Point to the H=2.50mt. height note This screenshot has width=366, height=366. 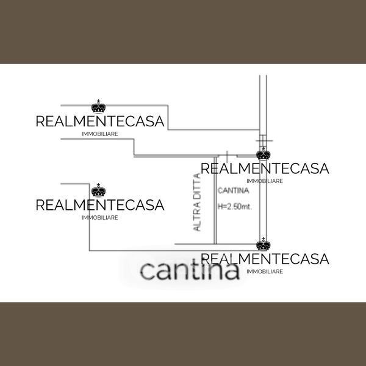[235, 206]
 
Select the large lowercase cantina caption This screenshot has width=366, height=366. [190, 270]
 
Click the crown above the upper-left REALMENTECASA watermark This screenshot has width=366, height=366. [98, 106]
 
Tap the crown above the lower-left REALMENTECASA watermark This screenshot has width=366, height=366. [98, 190]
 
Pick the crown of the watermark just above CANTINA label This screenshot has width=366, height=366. [264, 152]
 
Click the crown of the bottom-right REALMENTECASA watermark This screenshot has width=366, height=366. [264, 244]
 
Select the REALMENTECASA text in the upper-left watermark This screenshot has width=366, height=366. [100, 121]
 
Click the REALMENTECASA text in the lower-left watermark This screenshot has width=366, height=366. [100, 205]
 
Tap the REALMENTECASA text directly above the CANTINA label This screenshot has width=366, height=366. [265, 168]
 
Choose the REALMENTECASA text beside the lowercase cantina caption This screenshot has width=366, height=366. [265, 259]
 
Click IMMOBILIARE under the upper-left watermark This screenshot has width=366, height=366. [100, 134]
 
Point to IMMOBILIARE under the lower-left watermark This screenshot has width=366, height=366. [100, 218]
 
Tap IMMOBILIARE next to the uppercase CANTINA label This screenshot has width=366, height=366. [265, 181]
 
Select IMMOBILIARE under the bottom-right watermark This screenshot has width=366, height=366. [265, 271]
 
